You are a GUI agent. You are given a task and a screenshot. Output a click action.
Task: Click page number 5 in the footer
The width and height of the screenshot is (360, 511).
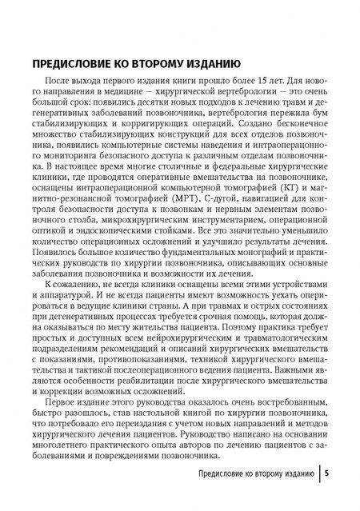point(327,473)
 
